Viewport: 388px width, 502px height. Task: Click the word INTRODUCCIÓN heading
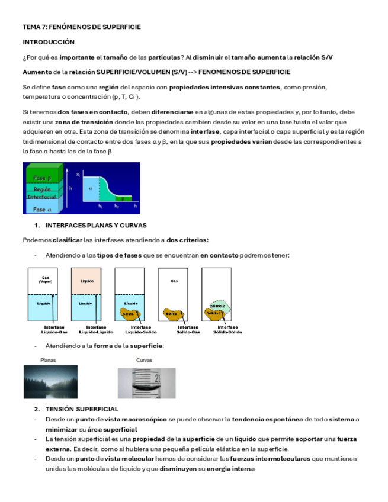point(49,43)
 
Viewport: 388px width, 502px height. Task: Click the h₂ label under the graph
point(117,207)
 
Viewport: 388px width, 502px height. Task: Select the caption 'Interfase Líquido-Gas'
point(54,329)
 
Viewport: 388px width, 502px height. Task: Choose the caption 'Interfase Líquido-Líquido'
point(96,329)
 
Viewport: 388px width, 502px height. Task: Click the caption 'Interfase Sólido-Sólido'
point(228,329)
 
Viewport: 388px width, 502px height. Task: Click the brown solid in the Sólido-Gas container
point(174,313)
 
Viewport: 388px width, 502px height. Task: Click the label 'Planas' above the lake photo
point(49,360)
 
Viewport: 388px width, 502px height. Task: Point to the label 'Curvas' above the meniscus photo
point(145,360)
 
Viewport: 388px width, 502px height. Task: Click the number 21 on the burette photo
point(158,376)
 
